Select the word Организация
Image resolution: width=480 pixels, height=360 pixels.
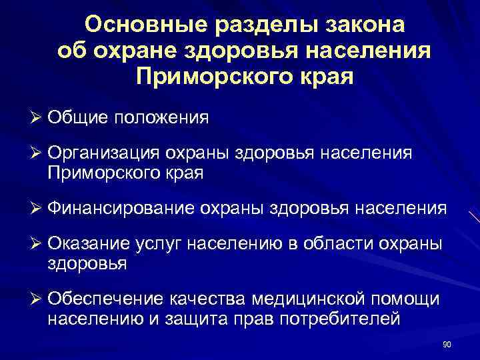coord(104,154)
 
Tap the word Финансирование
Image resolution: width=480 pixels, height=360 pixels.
coord(119,209)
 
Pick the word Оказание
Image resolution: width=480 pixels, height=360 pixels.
coord(87,245)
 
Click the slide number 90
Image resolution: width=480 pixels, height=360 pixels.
coord(447,344)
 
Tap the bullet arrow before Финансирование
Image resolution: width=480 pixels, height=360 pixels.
coord(36,209)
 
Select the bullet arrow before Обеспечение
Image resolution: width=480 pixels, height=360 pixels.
coord(36,300)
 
